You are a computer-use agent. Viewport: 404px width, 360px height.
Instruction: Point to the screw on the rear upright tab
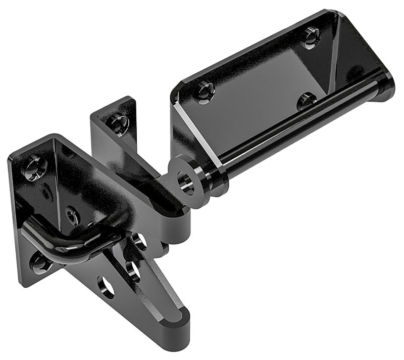point(119,123)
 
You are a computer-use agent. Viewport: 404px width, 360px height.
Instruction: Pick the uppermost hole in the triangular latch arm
point(140,242)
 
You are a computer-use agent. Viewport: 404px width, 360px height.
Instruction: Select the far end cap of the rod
point(386,84)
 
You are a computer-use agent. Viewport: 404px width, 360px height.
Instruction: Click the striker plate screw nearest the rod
point(306,100)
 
